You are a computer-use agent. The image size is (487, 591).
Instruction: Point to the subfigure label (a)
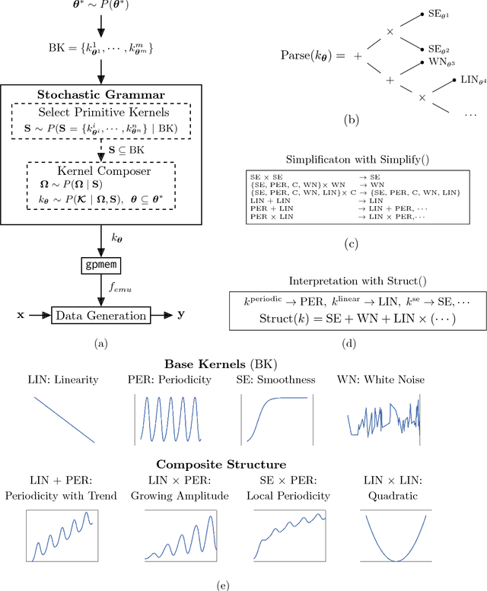click(100, 343)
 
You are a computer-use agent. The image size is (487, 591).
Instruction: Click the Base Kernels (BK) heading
click(243, 364)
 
